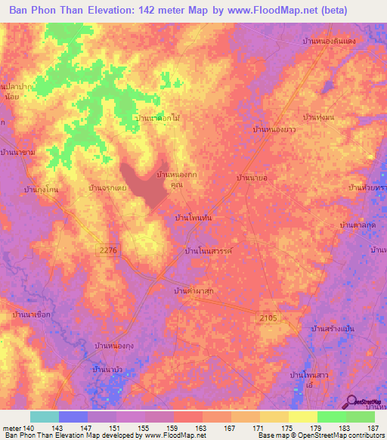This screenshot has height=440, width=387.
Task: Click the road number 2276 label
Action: click(110, 249)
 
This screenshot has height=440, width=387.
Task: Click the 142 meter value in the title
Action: click(182, 11)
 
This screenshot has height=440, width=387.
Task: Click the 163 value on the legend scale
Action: click(202, 428)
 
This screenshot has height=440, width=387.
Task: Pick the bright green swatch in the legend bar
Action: click(331, 417)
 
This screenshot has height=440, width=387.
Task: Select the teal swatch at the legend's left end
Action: click(45, 417)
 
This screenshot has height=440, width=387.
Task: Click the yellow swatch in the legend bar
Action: click(302, 417)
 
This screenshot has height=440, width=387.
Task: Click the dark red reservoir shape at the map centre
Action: click(150, 184)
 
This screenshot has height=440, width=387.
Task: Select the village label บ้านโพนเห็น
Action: click(193, 217)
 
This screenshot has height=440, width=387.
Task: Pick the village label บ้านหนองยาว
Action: click(274, 130)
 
